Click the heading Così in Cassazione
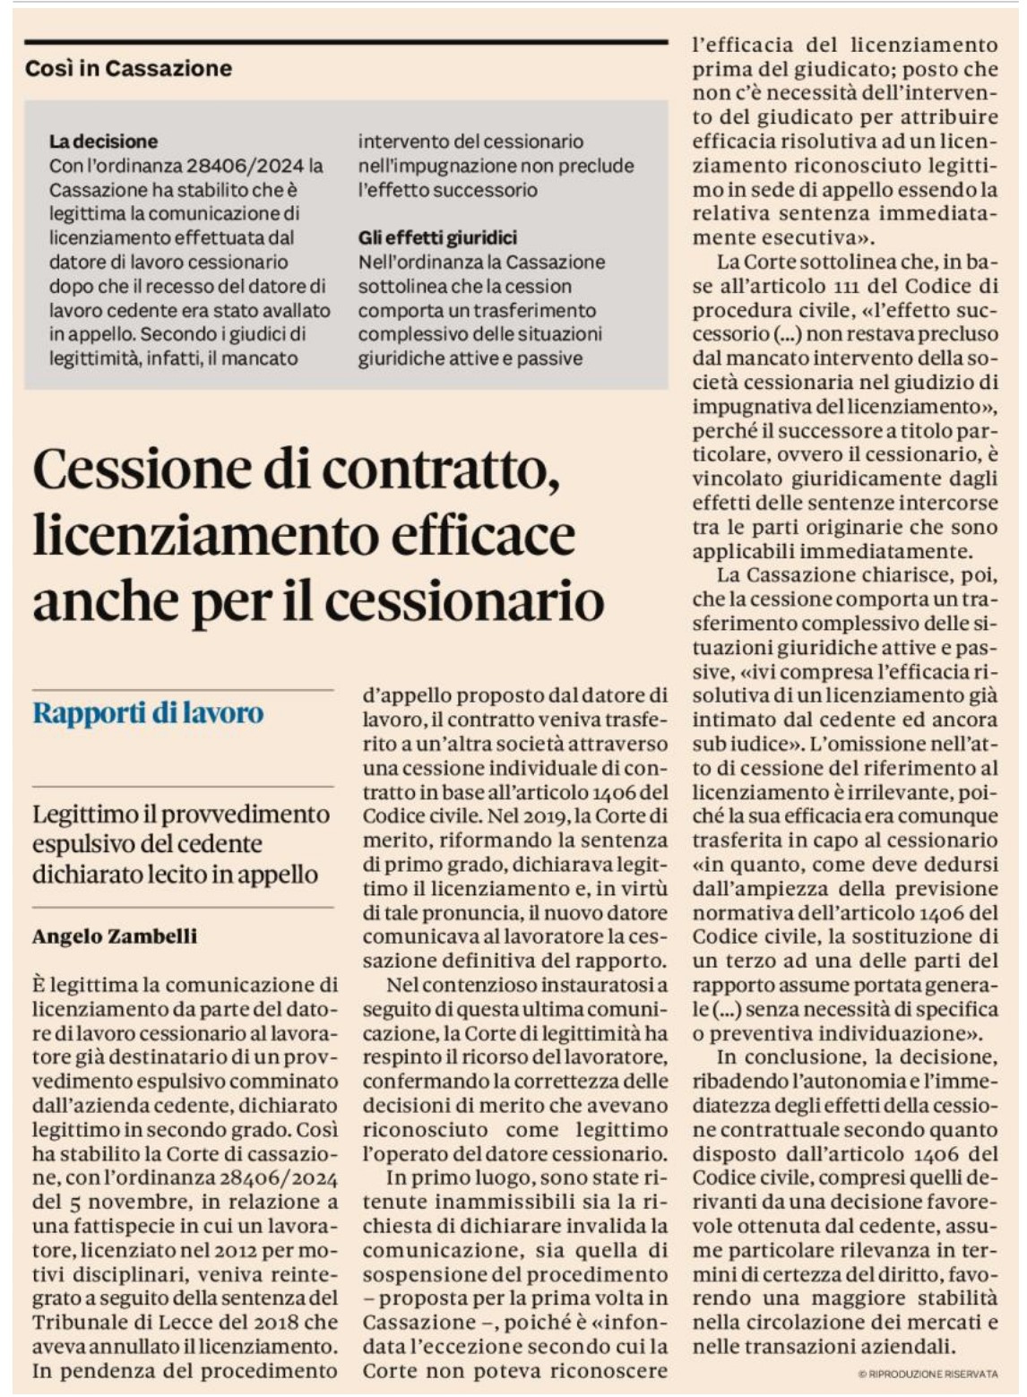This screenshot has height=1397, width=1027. point(128,68)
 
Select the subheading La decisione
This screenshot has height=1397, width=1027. point(103,141)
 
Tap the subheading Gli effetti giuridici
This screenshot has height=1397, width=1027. point(437,237)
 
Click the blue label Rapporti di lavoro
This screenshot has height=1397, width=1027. point(148,713)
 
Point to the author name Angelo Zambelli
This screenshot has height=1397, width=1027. point(114,936)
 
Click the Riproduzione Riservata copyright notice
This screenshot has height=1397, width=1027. point(927,1374)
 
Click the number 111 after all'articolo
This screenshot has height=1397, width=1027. point(836,287)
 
